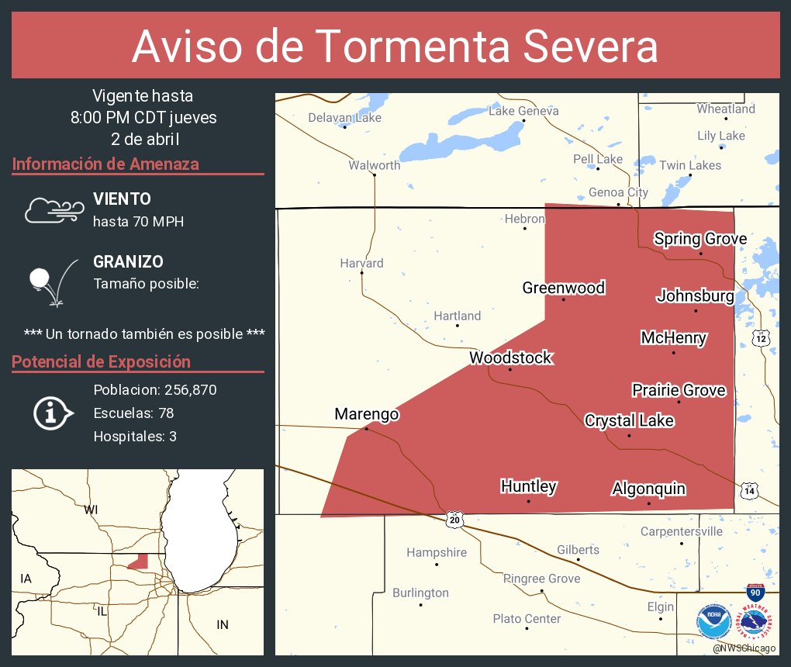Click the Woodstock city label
[x=510, y=358]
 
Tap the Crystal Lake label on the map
[x=629, y=420]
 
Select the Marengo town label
[x=366, y=414]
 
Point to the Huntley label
[x=528, y=486]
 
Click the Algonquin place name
[x=648, y=489]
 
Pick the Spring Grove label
[x=699, y=238]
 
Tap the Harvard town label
[x=361, y=263]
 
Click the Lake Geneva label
[x=523, y=111]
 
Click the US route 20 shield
[x=454, y=520]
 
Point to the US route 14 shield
[x=748, y=490]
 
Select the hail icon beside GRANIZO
[x=50, y=283]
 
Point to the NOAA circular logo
[x=713, y=621]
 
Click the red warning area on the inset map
[x=139, y=562]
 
